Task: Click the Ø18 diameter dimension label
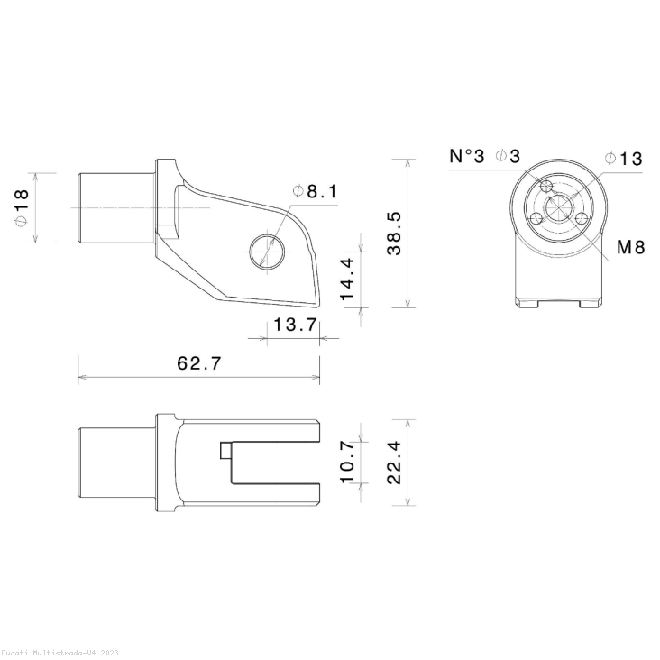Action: click(x=21, y=207)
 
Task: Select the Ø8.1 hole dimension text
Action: click(x=314, y=191)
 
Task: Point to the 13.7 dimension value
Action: click(x=294, y=325)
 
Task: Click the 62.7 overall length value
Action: click(x=199, y=363)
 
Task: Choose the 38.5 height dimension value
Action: click(x=395, y=234)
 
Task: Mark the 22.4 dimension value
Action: click(x=395, y=463)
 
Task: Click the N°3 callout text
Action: click(x=467, y=156)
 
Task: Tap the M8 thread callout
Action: click(x=630, y=247)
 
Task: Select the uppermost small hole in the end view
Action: click(x=545, y=187)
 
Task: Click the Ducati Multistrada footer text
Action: click(x=59, y=652)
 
